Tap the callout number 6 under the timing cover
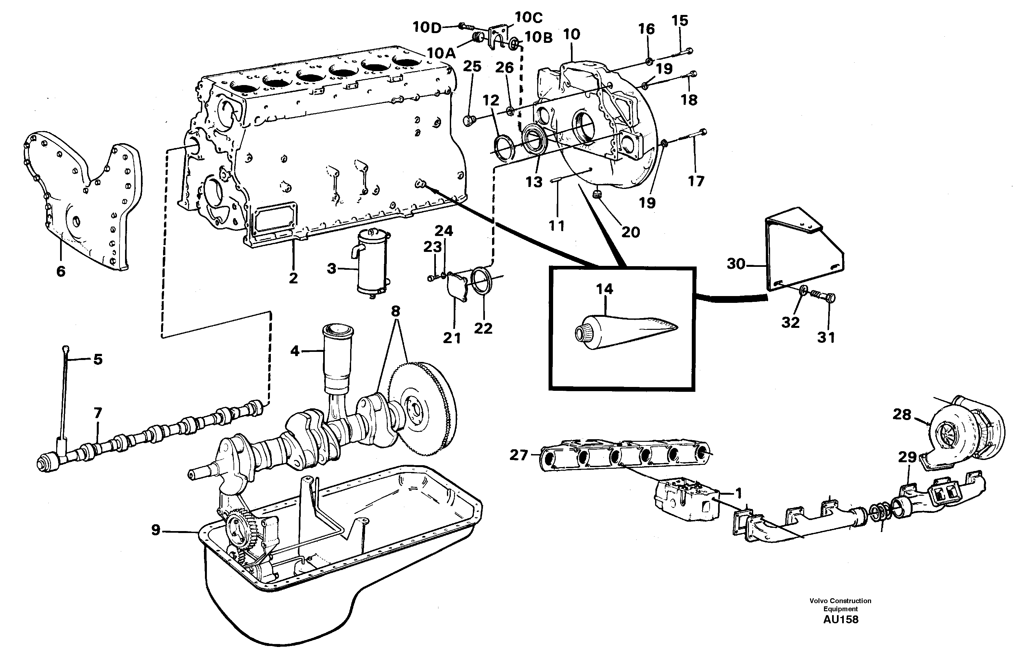tap(61, 271)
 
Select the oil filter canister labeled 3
tap(372, 262)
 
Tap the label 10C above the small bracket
tap(528, 18)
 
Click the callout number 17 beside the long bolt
tap(695, 181)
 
